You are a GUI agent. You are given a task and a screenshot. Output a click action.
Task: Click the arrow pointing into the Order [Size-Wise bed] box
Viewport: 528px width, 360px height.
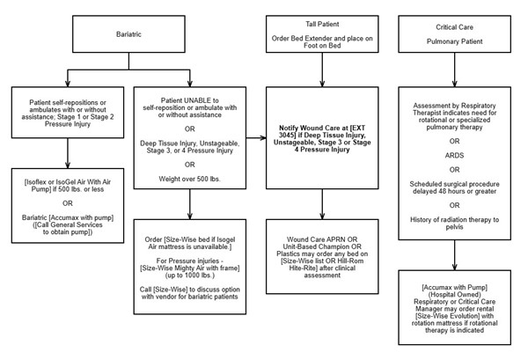189,217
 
